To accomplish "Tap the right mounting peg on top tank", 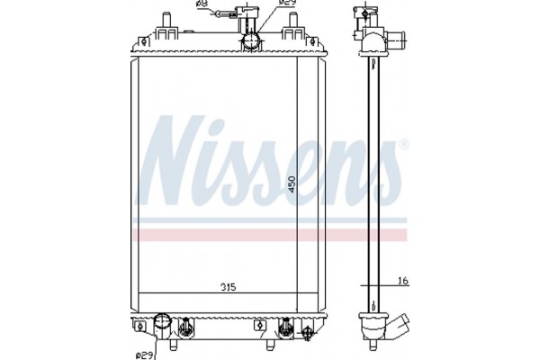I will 292,32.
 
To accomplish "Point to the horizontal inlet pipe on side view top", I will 393,40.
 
